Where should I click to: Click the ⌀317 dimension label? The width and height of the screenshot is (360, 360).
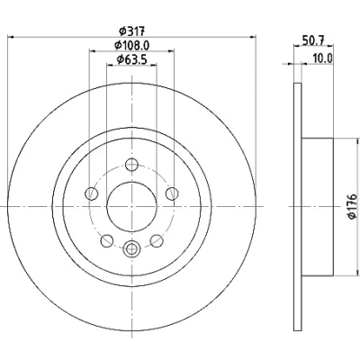click(132, 31)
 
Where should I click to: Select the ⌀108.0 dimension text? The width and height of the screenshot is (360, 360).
click(132, 45)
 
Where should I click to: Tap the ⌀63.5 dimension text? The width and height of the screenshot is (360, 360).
click(131, 59)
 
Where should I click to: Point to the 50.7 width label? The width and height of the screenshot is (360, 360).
click(313, 40)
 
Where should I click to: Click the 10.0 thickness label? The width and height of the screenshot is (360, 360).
click(323, 58)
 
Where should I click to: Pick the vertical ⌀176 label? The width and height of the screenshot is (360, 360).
click(352, 206)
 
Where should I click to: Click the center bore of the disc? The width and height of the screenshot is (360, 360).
click(131, 206)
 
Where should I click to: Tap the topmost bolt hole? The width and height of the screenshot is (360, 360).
click(131, 165)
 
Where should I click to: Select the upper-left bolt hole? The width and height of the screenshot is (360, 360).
click(92, 193)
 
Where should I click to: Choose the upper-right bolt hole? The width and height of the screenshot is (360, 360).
click(172, 193)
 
